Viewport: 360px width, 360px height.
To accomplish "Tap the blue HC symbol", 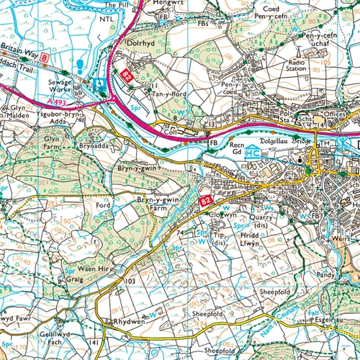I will coord(253,153).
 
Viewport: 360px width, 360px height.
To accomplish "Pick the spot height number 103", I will coord(130,280).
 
